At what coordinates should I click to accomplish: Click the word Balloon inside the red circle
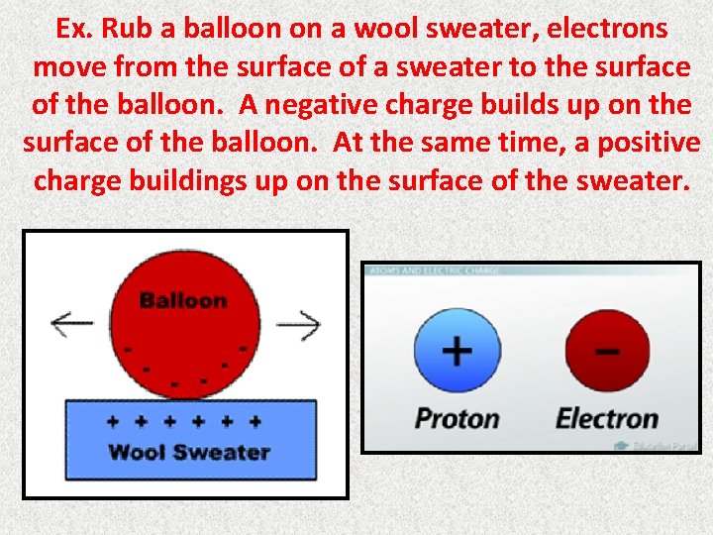(x=183, y=300)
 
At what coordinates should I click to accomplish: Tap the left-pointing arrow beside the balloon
(x=70, y=322)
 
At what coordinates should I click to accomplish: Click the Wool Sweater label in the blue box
(x=188, y=453)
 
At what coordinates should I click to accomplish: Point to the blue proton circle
(x=457, y=353)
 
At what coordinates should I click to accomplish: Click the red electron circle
(x=607, y=353)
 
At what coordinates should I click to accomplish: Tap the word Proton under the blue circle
(x=457, y=418)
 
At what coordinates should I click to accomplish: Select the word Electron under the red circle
(x=607, y=418)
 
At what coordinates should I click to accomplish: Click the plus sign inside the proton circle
(x=457, y=351)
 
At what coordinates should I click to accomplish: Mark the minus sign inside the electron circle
(x=607, y=351)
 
